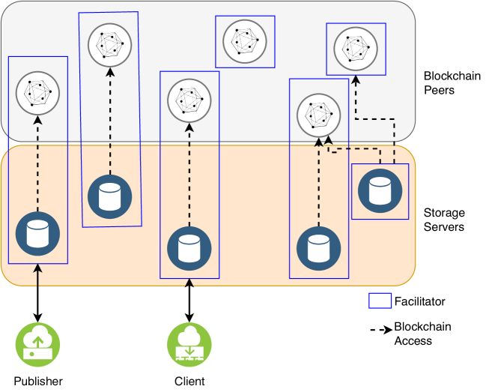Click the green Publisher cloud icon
coord(38,345)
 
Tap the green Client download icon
coord(189,345)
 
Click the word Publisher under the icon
coord(38,381)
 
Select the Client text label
coord(189,381)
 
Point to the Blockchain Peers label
coord(449,82)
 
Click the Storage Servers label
coord(444,220)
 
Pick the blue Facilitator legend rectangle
coord(380,301)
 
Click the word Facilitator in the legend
coord(419,301)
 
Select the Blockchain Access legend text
coord(422,334)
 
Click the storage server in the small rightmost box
coord(380,191)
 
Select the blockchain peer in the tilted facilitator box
coord(109,45)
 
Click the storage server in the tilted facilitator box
coord(109,196)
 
